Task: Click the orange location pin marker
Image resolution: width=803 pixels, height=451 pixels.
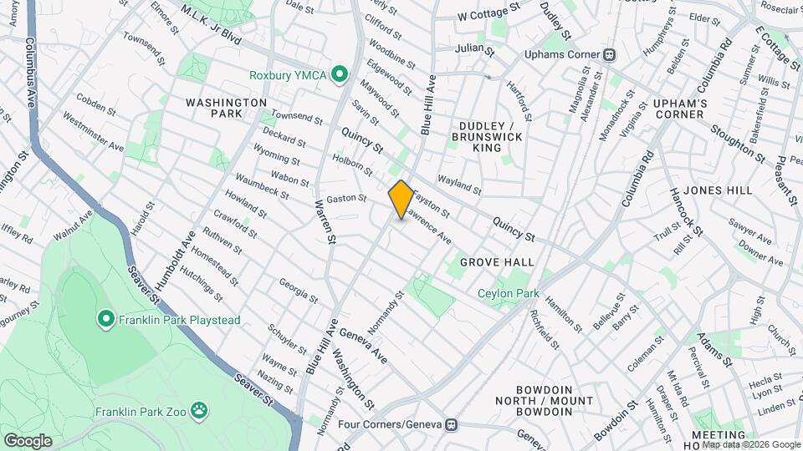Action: pos(401,199)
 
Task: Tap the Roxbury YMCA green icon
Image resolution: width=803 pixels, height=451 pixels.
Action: pos(340,75)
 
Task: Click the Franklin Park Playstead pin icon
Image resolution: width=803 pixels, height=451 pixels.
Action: pos(105,318)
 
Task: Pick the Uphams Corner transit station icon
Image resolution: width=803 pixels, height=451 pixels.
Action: pos(611,54)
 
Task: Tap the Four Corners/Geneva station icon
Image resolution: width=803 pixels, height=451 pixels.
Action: pos(451,424)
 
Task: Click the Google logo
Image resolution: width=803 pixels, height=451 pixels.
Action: pos(28,440)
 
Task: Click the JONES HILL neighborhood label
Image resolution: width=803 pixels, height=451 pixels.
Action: pos(716,190)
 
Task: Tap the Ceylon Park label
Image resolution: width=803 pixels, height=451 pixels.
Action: pos(508,294)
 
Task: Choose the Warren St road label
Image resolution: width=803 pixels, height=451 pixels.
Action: pos(325,221)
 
